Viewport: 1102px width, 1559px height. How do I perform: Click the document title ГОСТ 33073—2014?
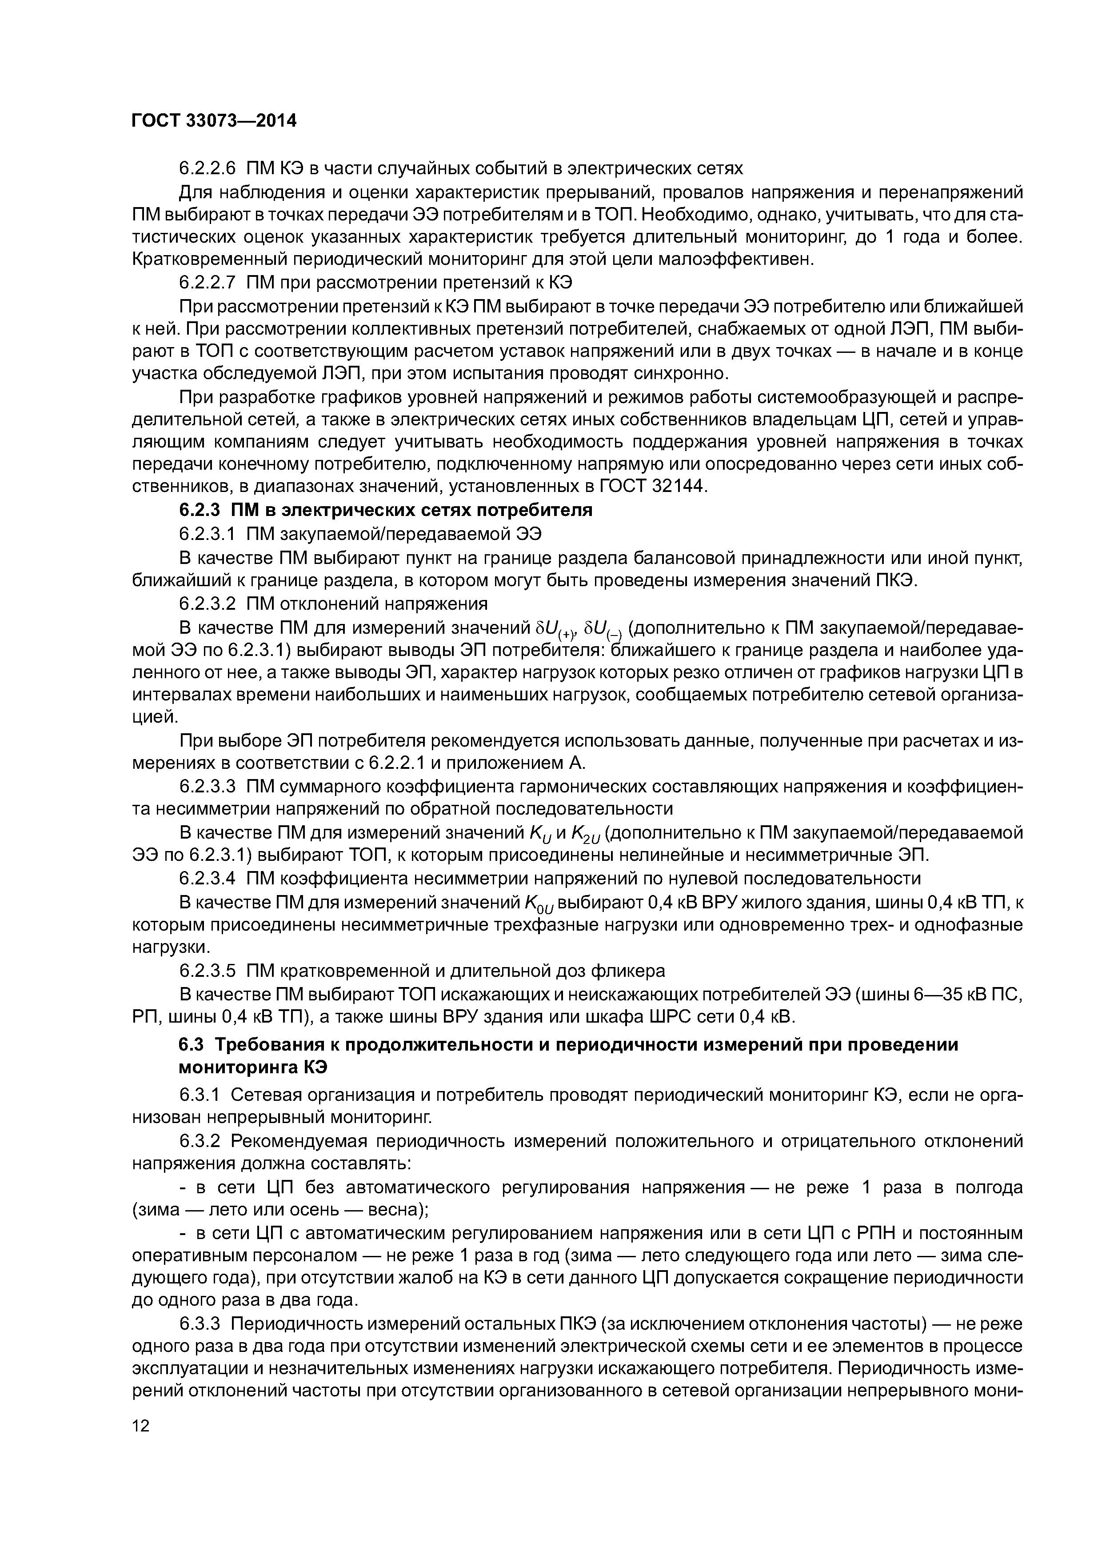point(214,121)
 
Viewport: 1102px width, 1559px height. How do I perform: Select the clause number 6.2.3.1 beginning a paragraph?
point(207,534)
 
